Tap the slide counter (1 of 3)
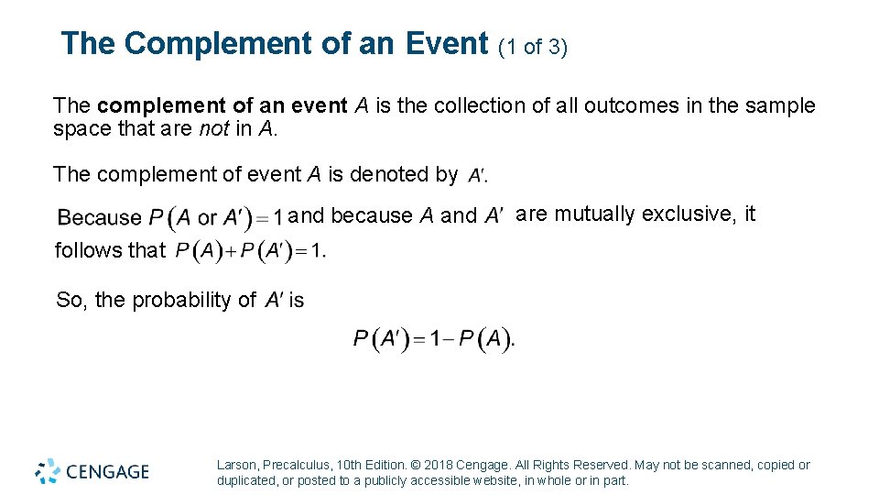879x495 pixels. click(533, 47)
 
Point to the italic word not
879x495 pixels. click(213, 129)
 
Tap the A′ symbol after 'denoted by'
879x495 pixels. click(477, 175)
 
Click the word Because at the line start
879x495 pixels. click(100, 218)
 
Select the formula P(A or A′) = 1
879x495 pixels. click(215, 218)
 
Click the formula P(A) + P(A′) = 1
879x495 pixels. click(250, 250)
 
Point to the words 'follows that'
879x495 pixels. click(110, 250)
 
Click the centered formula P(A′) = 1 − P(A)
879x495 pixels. click(434, 340)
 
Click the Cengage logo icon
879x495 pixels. click(48, 471)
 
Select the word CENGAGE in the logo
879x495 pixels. click(108, 472)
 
